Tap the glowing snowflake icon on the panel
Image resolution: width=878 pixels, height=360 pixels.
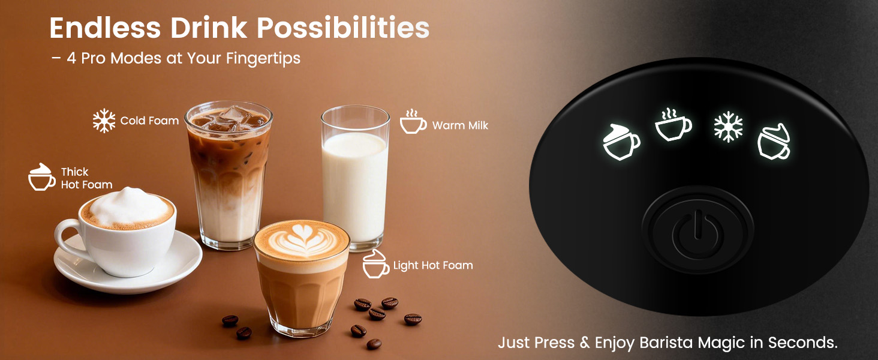click(x=728, y=127)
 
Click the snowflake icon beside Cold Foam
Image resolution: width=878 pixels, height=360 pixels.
click(x=104, y=121)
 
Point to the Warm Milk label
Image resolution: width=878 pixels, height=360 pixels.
click(x=460, y=126)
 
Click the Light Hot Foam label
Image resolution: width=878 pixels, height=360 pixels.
click(x=432, y=265)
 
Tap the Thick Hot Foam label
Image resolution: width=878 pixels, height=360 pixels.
click(x=86, y=179)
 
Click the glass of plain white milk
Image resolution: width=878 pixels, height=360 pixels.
click(x=354, y=180)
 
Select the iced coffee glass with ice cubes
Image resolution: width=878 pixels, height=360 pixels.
click(x=228, y=174)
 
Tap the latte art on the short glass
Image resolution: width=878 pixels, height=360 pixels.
click(x=301, y=239)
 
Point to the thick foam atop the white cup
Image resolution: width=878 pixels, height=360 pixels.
click(x=127, y=206)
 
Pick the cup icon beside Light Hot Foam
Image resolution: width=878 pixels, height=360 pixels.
click(x=376, y=265)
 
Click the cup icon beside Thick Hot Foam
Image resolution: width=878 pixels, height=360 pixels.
click(x=42, y=178)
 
